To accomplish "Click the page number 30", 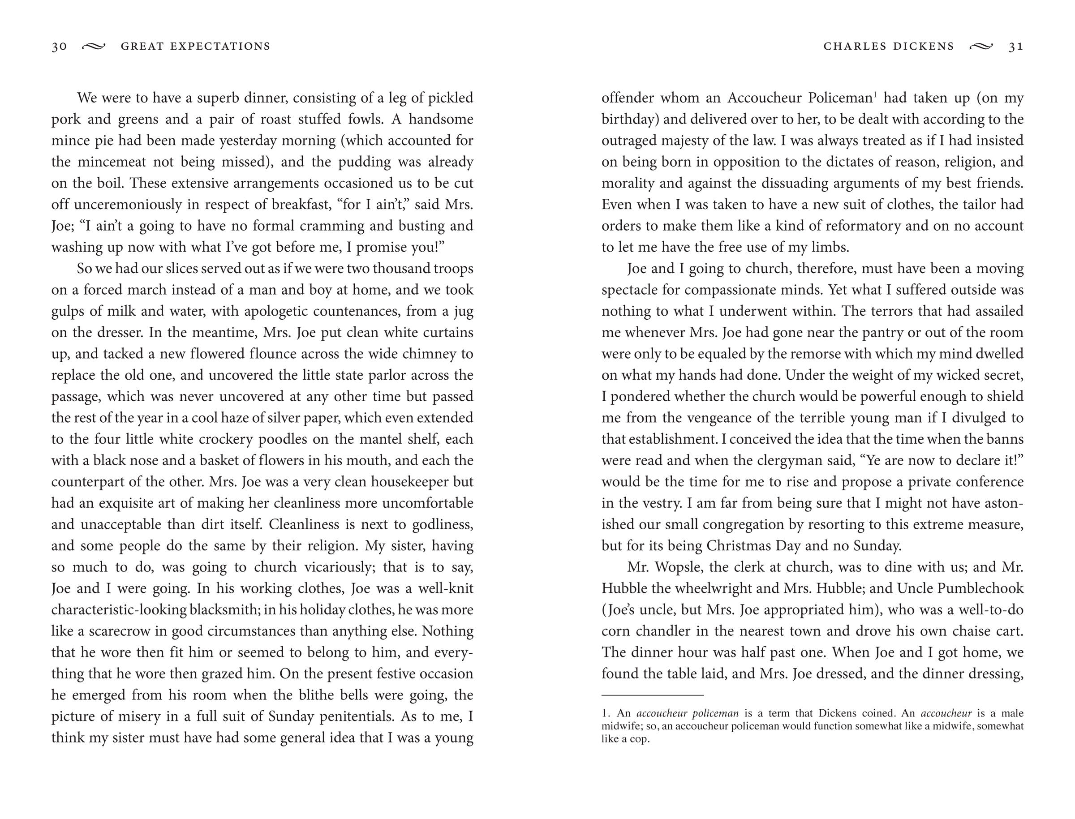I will (59, 46).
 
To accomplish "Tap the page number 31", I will (1016, 46).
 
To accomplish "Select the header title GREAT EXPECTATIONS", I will (195, 46).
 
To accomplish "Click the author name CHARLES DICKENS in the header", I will (888, 46).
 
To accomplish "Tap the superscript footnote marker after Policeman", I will (876, 94).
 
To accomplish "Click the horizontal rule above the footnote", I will (652, 695).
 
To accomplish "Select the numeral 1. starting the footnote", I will (606, 713).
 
